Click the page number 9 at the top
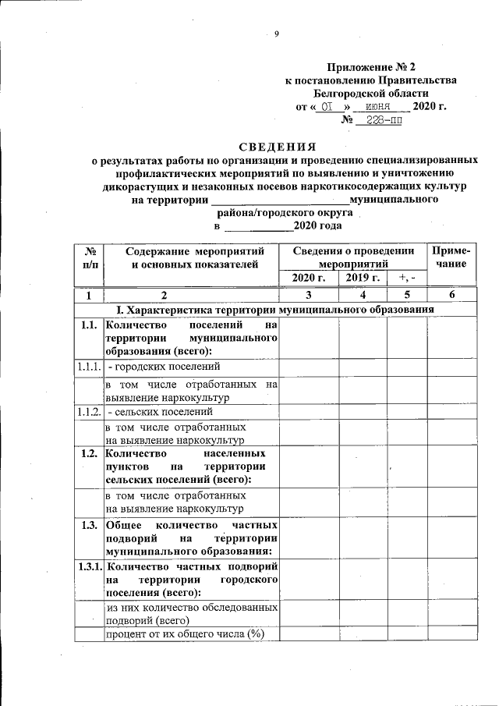pos(276,33)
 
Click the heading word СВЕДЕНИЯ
pos(278,146)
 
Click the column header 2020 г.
pos(307,278)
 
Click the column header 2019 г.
pos(362,278)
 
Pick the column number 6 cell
pos(451,295)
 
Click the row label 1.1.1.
pos(88,366)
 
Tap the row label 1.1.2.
pos(88,411)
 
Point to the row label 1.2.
pos(88,453)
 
